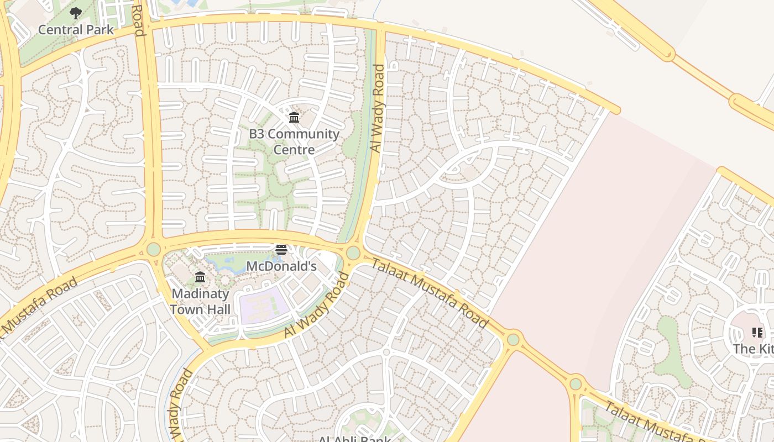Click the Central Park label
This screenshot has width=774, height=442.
pos(76,29)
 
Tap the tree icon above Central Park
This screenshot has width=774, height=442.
pos(76,13)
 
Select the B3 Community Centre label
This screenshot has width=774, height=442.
pos(294,141)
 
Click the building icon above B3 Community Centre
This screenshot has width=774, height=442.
pos(294,117)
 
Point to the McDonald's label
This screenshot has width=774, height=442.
pos(281,266)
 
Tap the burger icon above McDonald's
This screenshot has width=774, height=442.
pos(281,250)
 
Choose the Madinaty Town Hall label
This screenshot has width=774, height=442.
pos(200,301)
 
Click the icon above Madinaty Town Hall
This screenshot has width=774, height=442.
pos(200,277)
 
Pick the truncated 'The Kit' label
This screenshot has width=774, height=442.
pos(753,349)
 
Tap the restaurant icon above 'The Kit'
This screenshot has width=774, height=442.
pos(757,333)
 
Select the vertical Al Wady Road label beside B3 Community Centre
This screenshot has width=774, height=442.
pos(378,109)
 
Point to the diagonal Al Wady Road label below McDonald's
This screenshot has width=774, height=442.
pos(317,305)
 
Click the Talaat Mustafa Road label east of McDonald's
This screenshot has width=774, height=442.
pos(429,293)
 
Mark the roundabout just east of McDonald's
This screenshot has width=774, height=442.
pos(353,254)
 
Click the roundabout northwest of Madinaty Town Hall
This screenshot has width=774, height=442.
pos(153,249)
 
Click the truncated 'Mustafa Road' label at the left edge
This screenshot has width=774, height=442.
pos(39,307)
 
